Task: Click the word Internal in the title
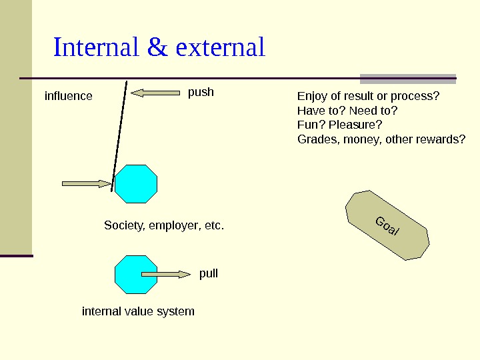pyautogui.click(x=95, y=48)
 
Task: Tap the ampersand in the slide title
pyautogui.click(x=157, y=48)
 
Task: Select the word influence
pyautogui.click(x=68, y=96)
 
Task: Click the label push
pyautogui.click(x=201, y=92)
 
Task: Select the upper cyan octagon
pyautogui.click(x=136, y=183)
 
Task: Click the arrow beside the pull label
pyautogui.click(x=166, y=274)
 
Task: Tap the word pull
pyautogui.click(x=209, y=274)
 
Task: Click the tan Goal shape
pyautogui.click(x=387, y=225)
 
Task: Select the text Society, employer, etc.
pyautogui.click(x=164, y=226)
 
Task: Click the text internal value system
pyautogui.click(x=138, y=311)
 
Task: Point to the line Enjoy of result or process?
pyautogui.click(x=368, y=96)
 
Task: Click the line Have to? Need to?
pyautogui.click(x=347, y=111)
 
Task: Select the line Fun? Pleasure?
pyautogui.click(x=339, y=125)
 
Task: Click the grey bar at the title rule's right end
pyautogui.click(x=408, y=78)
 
